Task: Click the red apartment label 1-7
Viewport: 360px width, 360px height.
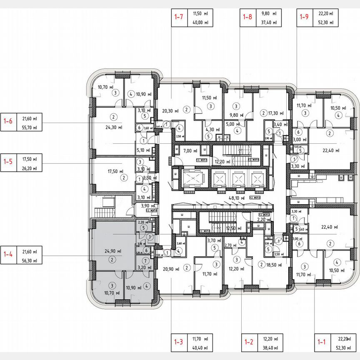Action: point(179,17)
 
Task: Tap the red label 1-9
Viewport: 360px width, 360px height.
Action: point(304,17)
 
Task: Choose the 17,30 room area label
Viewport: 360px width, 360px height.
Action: point(276,113)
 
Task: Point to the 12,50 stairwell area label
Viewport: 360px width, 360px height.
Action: point(233,229)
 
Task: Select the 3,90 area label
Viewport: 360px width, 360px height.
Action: point(148,205)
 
